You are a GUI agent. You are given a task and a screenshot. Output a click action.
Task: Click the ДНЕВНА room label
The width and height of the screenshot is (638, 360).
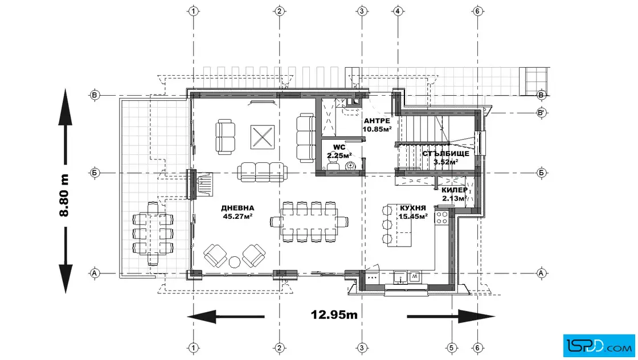238,208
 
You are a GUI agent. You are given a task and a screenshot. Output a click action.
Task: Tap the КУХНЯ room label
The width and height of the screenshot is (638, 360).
412,208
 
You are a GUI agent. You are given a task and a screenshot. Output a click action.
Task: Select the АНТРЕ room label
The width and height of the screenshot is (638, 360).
377,121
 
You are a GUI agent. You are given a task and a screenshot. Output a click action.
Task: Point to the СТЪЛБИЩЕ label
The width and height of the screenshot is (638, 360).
445,154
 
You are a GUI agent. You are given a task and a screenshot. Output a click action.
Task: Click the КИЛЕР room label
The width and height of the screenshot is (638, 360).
455,190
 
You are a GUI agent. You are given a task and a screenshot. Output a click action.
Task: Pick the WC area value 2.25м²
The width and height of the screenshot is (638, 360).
340,156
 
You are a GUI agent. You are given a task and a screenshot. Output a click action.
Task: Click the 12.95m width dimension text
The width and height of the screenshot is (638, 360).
334,314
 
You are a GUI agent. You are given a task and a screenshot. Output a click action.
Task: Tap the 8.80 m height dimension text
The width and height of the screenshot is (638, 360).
64,195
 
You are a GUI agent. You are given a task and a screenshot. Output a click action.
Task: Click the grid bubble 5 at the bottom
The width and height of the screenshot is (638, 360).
451,348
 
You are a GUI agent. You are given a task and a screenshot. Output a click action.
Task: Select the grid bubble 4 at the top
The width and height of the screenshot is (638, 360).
398,11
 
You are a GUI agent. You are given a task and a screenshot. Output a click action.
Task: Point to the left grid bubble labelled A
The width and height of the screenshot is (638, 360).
95,273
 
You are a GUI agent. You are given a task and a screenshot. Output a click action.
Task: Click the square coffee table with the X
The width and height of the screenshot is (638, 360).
262,137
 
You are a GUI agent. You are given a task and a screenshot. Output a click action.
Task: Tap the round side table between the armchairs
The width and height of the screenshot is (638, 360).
235,262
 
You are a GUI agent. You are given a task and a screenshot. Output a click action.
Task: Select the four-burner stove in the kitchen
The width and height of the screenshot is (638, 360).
442,218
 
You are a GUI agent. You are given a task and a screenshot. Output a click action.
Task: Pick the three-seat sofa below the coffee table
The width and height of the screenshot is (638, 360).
261,171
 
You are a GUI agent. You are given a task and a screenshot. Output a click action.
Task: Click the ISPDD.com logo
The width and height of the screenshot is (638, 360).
599,346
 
